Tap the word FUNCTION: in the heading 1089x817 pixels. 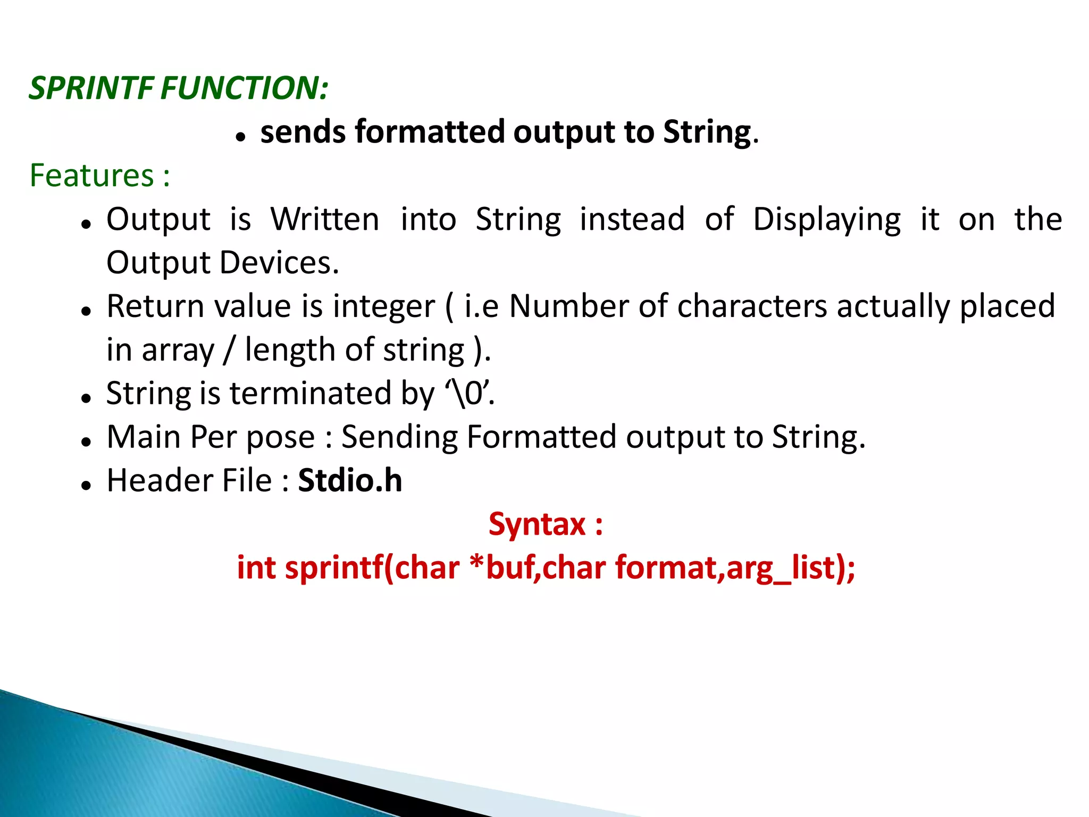(245, 88)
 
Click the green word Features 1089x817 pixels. (91, 176)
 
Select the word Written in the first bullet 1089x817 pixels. (324, 219)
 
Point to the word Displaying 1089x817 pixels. (827, 220)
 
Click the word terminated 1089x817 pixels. (311, 394)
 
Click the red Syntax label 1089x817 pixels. (545, 524)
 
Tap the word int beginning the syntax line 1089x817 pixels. (256, 568)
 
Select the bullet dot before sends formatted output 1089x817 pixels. (240, 137)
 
